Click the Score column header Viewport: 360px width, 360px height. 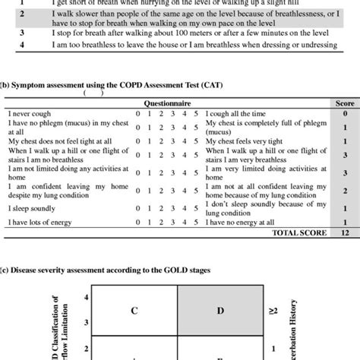point(344,102)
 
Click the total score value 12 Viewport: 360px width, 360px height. point(345,233)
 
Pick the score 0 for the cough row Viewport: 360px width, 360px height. point(345,112)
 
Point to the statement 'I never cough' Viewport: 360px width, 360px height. point(30,112)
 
